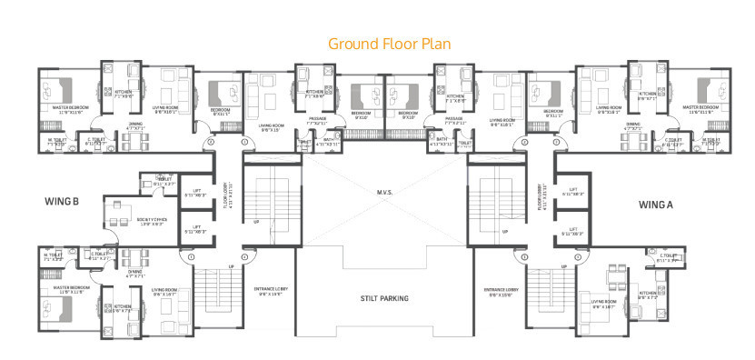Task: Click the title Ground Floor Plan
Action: tap(388, 44)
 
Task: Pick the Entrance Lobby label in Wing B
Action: tap(272, 290)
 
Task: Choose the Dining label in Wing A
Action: tap(632, 125)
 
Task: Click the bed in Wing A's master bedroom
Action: tap(708, 90)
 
